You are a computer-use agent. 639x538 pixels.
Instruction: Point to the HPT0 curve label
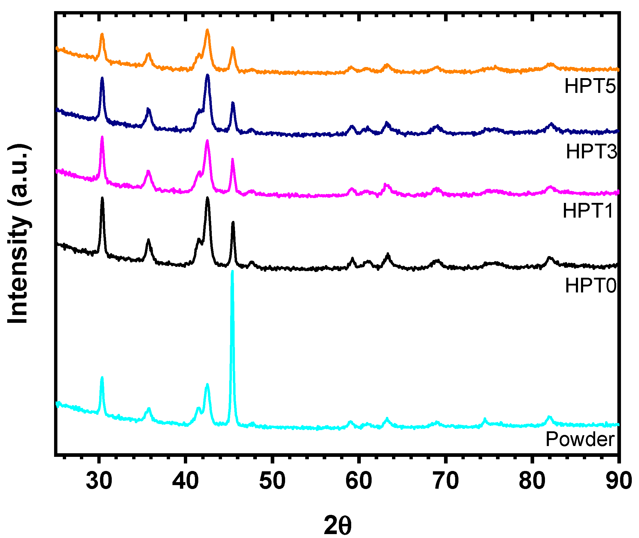point(590,286)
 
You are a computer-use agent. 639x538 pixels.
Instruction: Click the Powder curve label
point(580,439)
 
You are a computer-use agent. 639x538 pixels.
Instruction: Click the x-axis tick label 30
point(99,481)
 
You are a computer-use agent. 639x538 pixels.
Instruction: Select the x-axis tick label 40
point(185,481)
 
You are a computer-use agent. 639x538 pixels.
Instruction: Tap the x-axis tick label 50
point(272,481)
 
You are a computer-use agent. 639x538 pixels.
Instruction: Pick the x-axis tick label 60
point(358,481)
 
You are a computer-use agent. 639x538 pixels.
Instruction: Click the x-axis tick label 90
point(618,481)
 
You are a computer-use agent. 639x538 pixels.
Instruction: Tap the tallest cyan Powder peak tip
point(232,271)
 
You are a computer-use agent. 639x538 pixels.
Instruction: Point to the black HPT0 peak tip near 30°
point(102,198)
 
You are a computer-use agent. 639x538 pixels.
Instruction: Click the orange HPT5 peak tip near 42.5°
point(207,30)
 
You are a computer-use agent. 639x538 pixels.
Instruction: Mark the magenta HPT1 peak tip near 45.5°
point(233,159)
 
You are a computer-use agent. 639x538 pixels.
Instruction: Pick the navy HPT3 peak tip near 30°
point(102,78)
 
